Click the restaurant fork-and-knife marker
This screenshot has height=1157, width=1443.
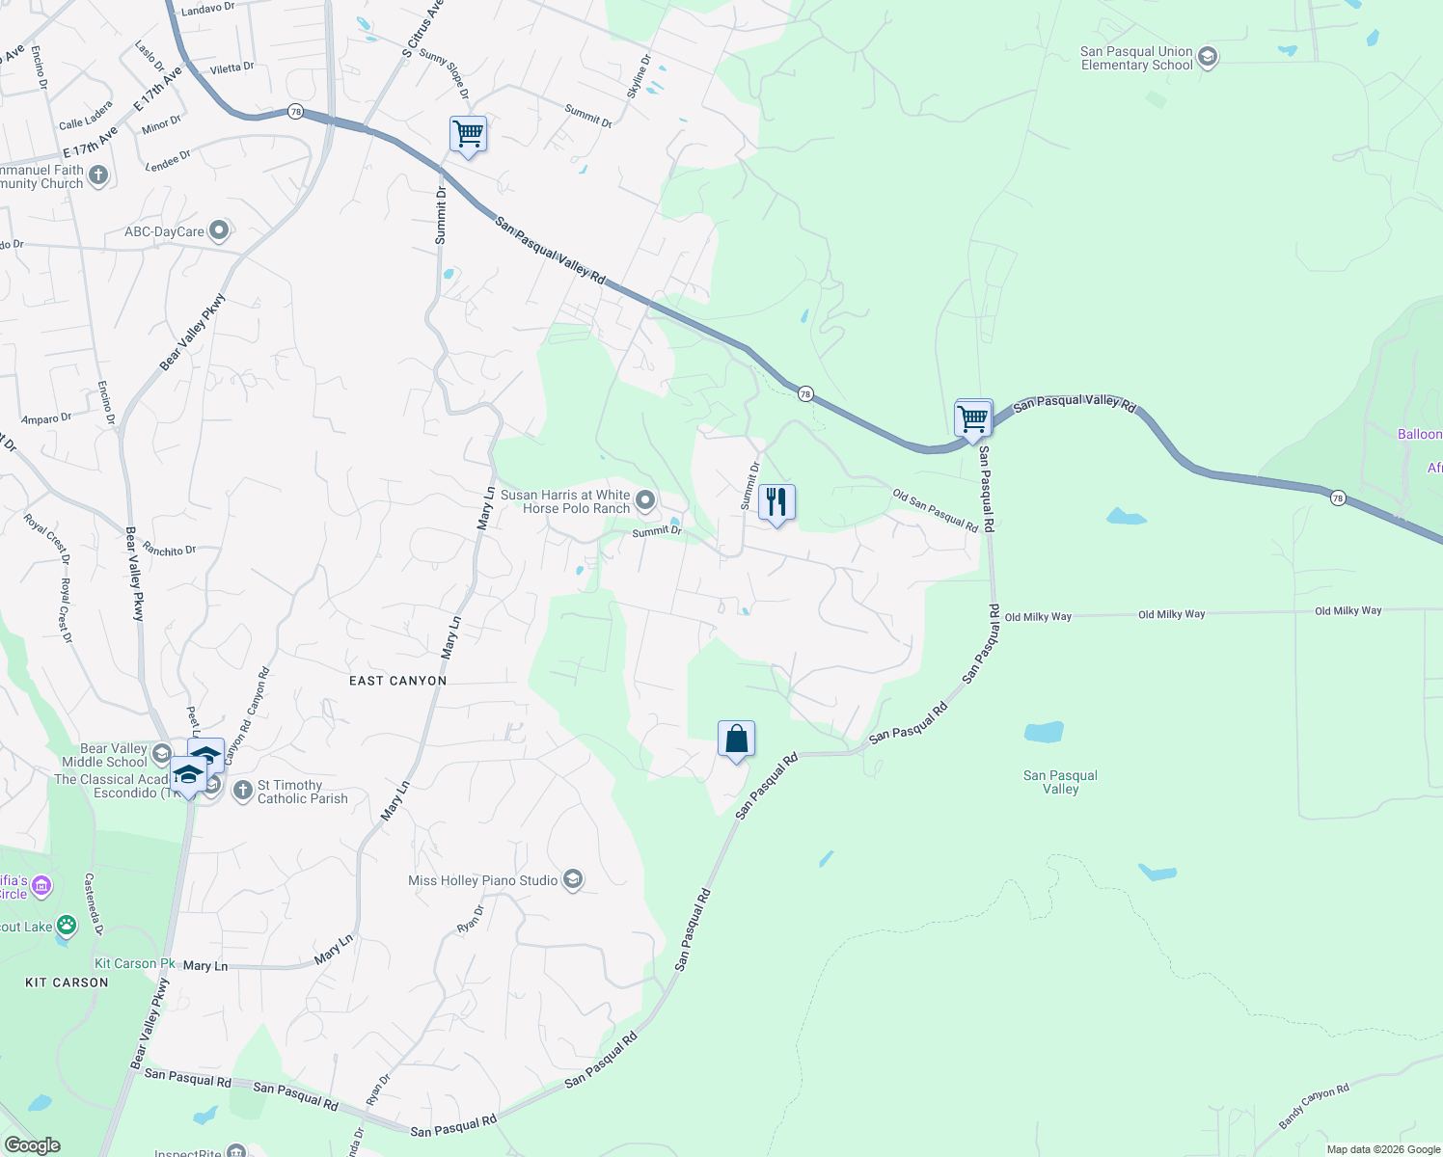coord(776,502)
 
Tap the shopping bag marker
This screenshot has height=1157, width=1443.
coord(736,740)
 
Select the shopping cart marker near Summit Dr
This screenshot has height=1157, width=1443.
coord(468,135)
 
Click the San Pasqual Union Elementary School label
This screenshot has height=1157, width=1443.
coord(1136,59)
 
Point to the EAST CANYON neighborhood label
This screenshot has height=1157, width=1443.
coord(397,681)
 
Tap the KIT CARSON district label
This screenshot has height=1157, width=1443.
coord(67,982)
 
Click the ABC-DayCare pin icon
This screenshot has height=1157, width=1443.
coord(219,230)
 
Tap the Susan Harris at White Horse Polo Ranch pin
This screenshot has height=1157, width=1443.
coord(646,500)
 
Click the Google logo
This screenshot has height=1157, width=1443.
coord(32,1145)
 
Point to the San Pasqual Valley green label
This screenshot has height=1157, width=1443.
coord(1060,782)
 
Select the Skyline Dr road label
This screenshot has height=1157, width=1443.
coord(639,76)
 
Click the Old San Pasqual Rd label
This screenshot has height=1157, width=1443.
coord(935,509)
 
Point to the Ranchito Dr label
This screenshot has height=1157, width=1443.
coord(169,551)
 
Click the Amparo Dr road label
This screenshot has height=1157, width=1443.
coord(46,419)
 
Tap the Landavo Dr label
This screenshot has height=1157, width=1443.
coord(208,10)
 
